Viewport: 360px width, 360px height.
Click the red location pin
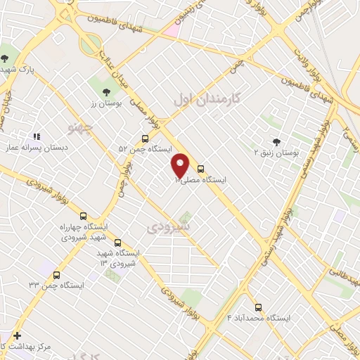click(x=181, y=165)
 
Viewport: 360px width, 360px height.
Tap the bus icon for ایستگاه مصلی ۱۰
click(x=201, y=169)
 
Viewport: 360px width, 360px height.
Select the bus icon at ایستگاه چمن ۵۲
click(x=145, y=139)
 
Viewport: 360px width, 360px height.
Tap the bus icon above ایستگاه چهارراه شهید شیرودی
click(x=84, y=217)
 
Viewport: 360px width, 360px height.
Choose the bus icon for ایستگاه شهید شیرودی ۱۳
click(x=117, y=242)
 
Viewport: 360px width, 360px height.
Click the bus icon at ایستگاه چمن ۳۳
click(x=57, y=275)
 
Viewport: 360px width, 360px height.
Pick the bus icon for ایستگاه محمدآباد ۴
click(x=258, y=307)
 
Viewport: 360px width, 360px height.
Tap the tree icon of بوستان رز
click(x=107, y=91)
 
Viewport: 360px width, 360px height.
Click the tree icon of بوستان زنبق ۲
click(x=276, y=141)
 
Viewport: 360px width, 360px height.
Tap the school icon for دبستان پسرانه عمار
click(x=37, y=137)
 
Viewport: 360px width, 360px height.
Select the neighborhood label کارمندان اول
click(x=207, y=101)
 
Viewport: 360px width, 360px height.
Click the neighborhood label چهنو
click(x=79, y=127)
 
